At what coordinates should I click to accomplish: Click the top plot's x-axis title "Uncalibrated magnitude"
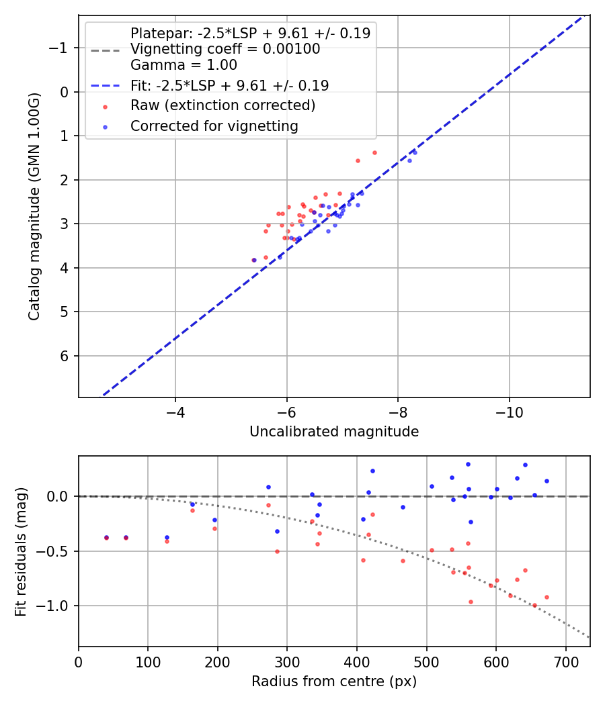click(334, 432)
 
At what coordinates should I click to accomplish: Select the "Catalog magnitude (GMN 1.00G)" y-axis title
click(34, 207)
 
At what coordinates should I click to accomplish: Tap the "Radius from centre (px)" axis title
click(334, 681)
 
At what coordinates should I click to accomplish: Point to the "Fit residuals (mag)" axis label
click(21, 551)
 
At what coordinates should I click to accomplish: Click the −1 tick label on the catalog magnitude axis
click(61, 48)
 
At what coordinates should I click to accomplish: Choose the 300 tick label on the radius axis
click(287, 661)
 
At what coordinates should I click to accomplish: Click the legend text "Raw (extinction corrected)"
click(223, 105)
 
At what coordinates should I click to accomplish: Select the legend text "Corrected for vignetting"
click(214, 126)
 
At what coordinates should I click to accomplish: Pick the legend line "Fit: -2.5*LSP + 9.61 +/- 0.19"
click(229, 85)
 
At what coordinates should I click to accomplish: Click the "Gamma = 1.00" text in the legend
click(184, 65)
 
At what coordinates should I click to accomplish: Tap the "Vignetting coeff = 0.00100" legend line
click(225, 49)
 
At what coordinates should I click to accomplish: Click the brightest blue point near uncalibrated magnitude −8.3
click(415, 152)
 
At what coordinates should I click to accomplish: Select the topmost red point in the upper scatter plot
click(374, 152)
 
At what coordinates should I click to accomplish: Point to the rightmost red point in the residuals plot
click(547, 597)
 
